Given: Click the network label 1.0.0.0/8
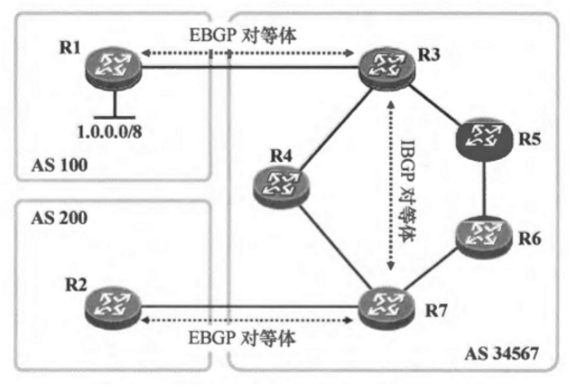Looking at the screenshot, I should pyautogui.click(x=118, y=134).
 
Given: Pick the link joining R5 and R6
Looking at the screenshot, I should pyautogui.click(x=486, y=186).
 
